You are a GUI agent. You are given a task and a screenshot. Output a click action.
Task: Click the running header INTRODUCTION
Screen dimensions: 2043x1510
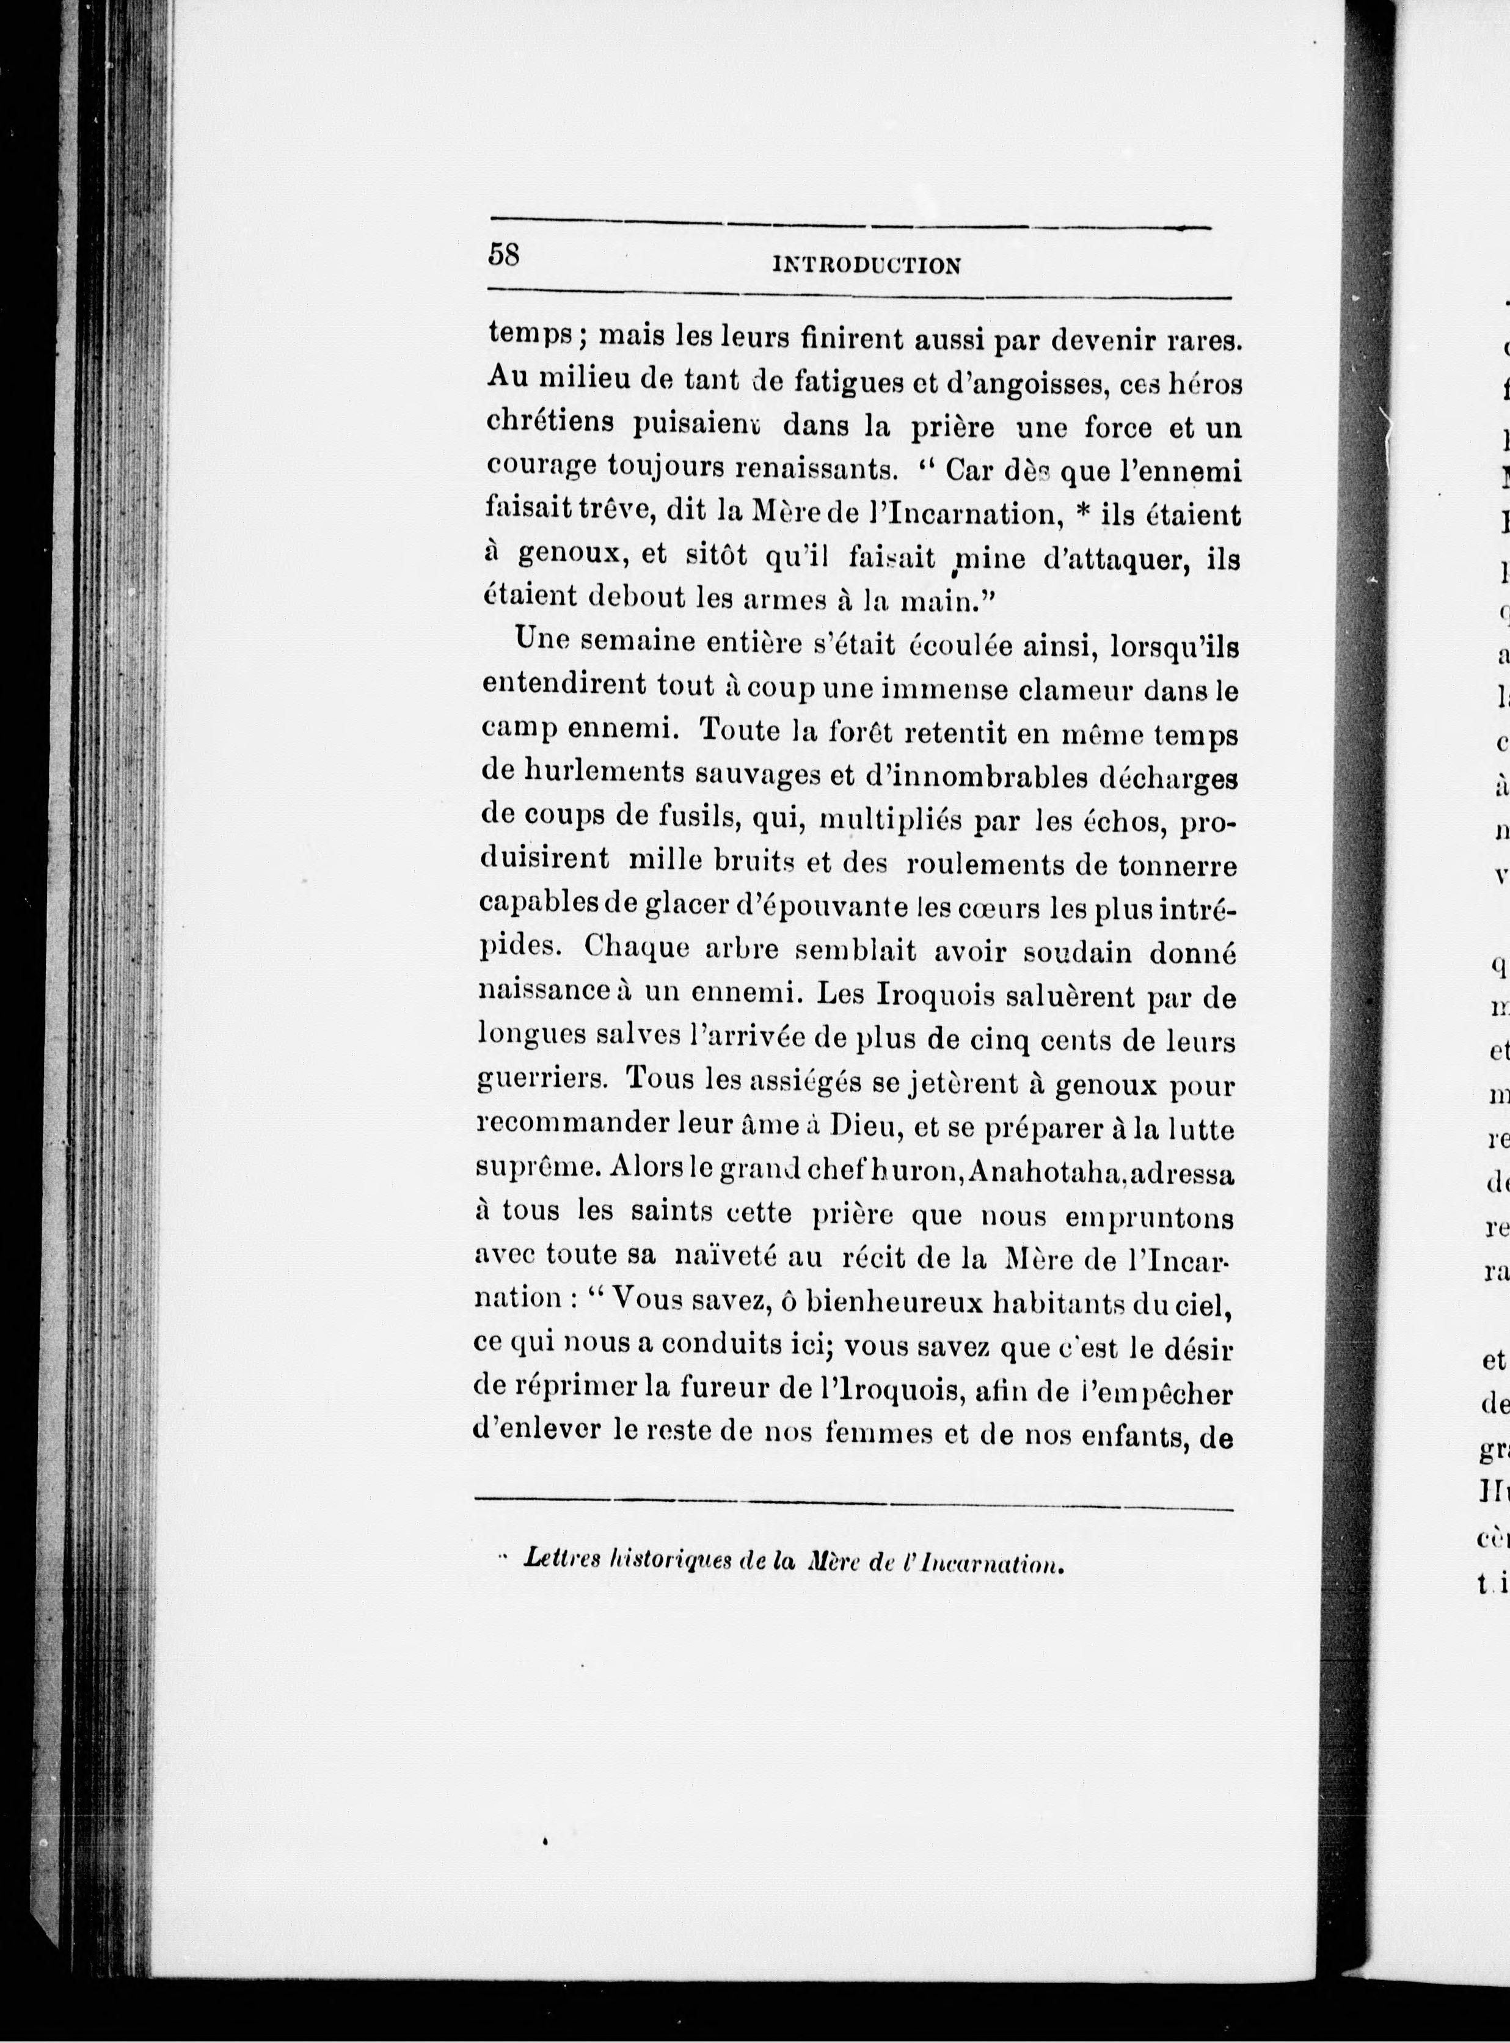click(x=867, y=266)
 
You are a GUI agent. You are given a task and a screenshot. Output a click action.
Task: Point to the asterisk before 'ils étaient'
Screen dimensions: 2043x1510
click(x=1084, y=516)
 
